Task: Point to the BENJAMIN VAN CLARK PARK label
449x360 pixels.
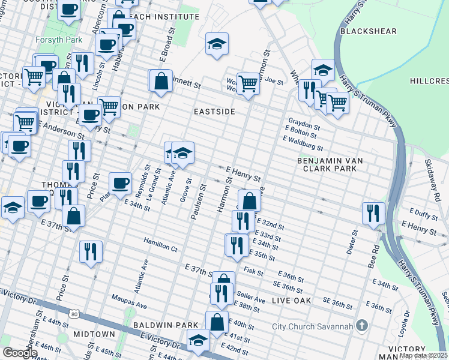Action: (327, 164)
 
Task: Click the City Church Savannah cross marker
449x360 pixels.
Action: (361, 326)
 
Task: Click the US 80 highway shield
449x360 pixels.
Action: (73, 314)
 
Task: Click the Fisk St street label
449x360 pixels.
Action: (254, 271)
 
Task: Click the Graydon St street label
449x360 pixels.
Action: (303, 119)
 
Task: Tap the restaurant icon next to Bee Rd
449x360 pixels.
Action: (373, 214)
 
